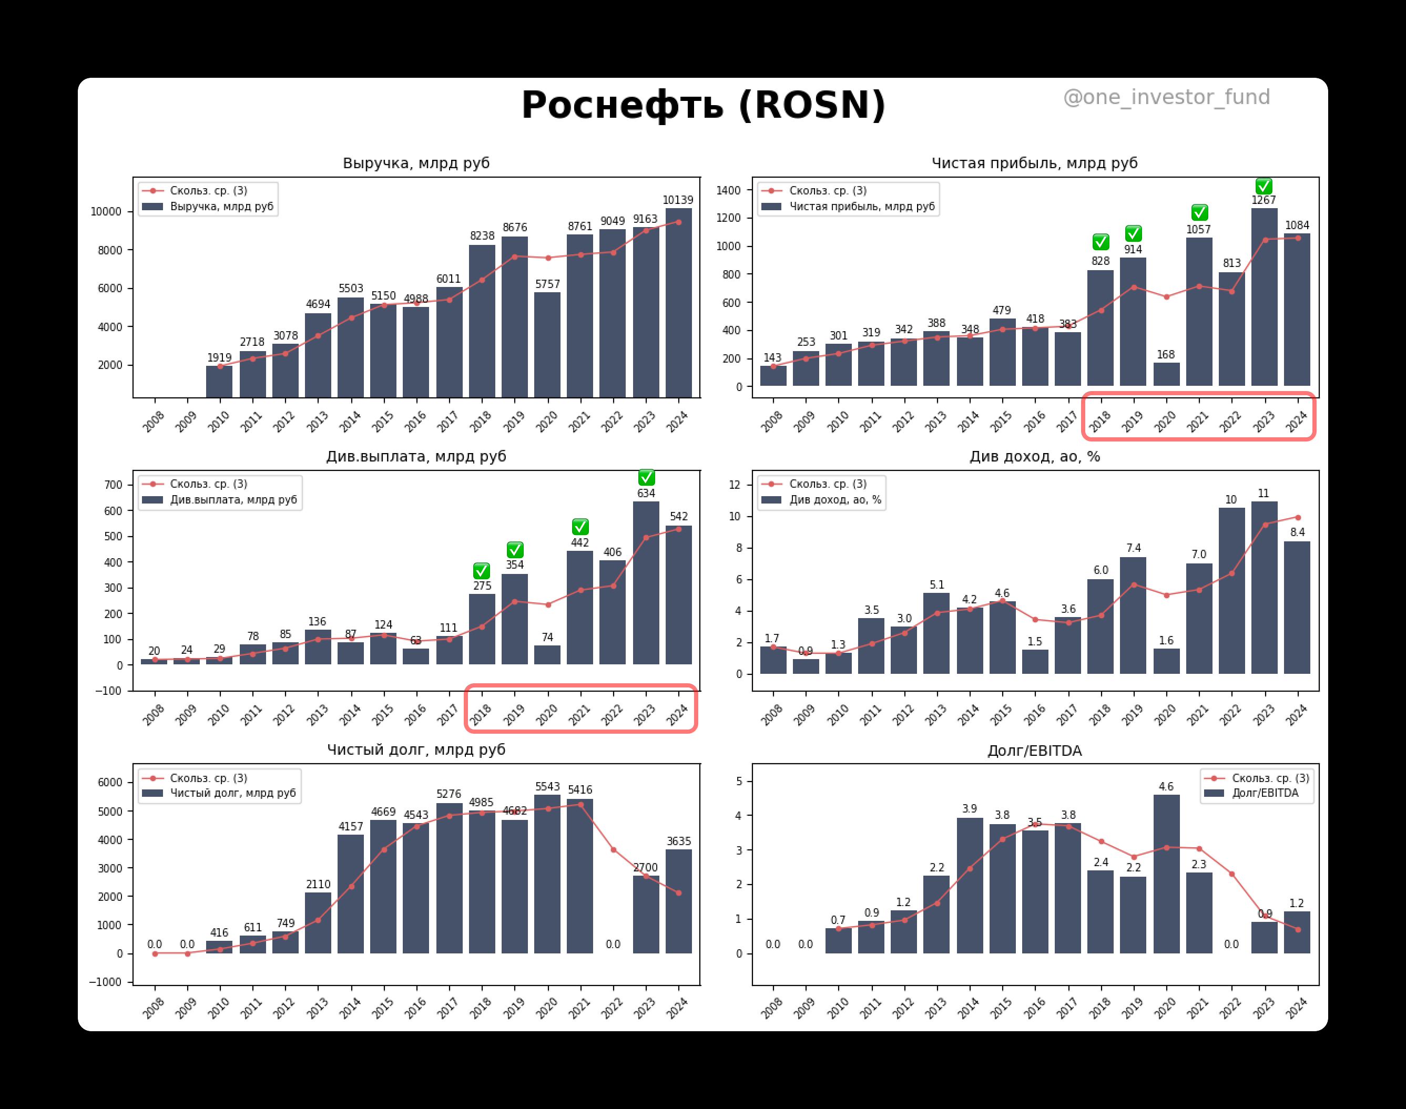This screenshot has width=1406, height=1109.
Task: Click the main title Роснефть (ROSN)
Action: pos(704,105)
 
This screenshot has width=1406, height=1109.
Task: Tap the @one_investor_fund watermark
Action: pos(1166,97)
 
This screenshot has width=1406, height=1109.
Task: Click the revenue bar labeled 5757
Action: pos(547,344)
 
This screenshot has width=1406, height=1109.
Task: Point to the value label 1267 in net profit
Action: pos(1263,200)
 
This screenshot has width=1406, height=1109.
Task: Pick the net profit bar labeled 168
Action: pos(1166,375)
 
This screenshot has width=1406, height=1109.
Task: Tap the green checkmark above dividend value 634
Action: pos(646,478)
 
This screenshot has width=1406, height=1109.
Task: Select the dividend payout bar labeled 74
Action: pos(547,654)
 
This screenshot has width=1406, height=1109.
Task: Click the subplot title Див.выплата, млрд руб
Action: pos(415,456)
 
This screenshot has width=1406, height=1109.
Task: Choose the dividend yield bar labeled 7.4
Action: pos(1133,615)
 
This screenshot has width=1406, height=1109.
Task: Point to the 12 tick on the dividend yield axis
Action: pos(735,485)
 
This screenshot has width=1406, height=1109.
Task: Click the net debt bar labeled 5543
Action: pos(547,874)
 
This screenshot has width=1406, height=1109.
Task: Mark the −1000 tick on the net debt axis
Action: pos(105,982)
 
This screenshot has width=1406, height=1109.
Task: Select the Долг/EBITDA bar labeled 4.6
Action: pos(1166,874)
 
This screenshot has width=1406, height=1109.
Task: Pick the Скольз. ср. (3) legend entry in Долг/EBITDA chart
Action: pos(1270,778)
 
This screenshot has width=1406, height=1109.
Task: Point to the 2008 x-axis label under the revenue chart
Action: pos(153,421)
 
